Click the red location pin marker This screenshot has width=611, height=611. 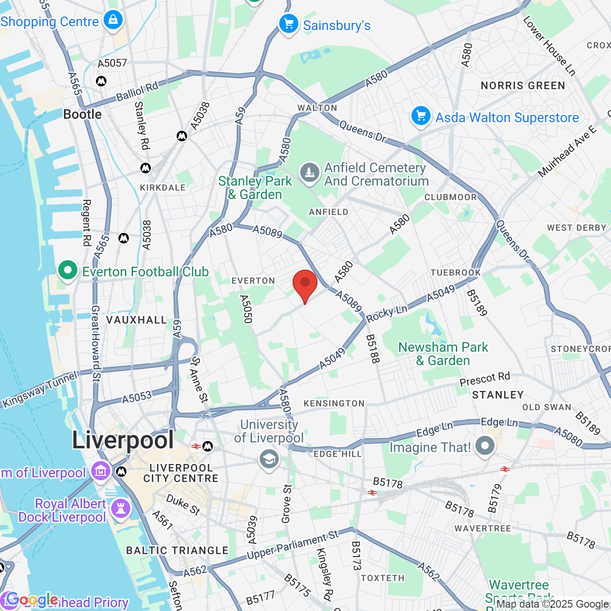coord(305,284)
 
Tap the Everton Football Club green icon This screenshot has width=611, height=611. coord(68,271)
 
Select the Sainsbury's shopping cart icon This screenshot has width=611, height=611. coord(289,24)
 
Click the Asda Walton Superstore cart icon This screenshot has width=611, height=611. coord(421,116)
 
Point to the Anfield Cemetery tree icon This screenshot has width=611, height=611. coord(310,173)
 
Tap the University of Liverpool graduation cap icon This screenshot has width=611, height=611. coord(269,460)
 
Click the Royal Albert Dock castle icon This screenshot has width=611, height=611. coord(121,509)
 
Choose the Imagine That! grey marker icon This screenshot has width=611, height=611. coord(485,446)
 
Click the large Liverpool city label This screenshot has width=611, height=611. coord(123,440)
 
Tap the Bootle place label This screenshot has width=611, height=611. coord(83,115)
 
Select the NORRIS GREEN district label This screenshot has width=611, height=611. coord(523,86)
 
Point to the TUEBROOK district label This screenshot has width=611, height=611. coord(456,273)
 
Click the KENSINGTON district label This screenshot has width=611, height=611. coord(334,403)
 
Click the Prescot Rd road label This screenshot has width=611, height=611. coord(485,379)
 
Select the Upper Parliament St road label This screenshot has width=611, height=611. coord(292,544)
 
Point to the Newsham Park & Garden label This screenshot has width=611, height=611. coord(443,354)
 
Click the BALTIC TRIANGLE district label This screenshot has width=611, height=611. coord(178,550)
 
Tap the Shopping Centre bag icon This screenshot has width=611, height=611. coord(113,20)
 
